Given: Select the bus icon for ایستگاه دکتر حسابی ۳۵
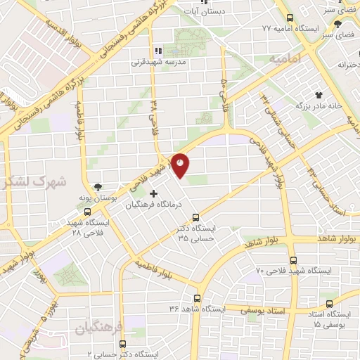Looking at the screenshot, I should [195, 217].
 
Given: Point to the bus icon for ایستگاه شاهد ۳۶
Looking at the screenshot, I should [197, 298].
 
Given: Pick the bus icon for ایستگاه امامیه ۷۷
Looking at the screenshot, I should [288, 18].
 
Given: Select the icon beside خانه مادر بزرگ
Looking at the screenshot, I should [319, 93].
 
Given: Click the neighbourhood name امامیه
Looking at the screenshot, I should [284, 60].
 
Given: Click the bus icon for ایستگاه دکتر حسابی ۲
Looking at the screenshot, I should [123, 344].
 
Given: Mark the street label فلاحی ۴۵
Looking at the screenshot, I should [224, 91].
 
